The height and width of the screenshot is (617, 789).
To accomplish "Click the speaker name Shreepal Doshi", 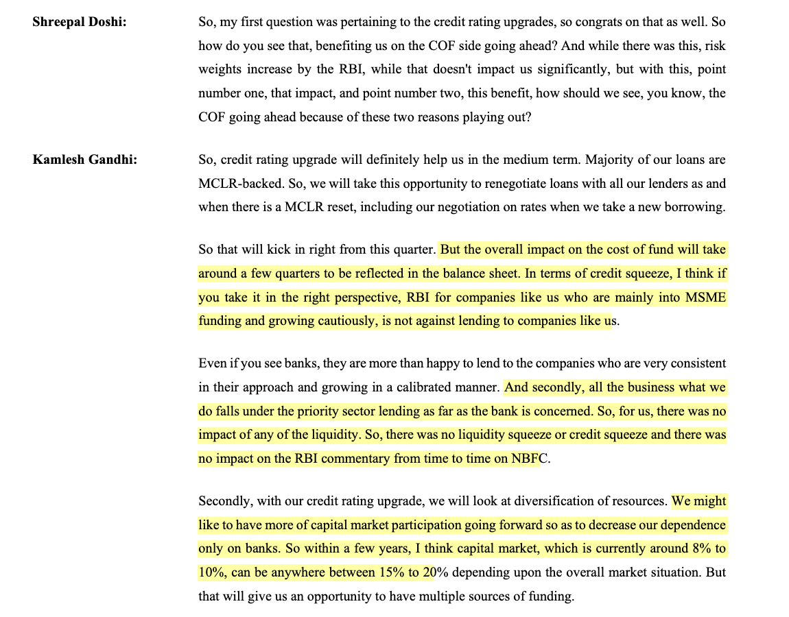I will click(79, 21).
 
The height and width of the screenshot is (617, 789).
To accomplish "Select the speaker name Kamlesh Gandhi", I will click(84, 160).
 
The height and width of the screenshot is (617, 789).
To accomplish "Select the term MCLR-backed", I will click(235, 184).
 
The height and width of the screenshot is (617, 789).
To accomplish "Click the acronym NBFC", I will click(529, 459).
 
